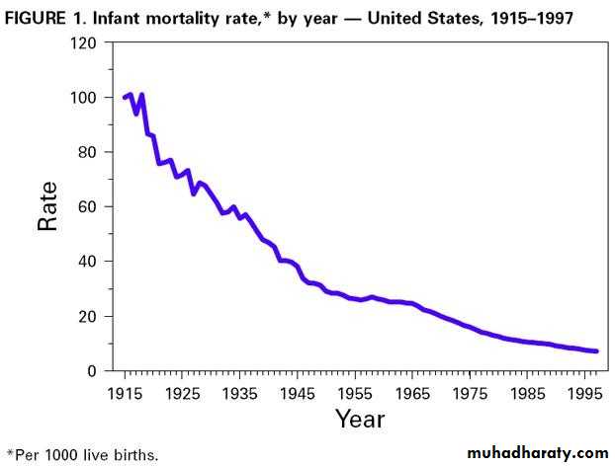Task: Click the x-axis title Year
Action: (359, 420)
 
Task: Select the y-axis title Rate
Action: (47, 205)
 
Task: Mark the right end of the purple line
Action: (596, 350)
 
